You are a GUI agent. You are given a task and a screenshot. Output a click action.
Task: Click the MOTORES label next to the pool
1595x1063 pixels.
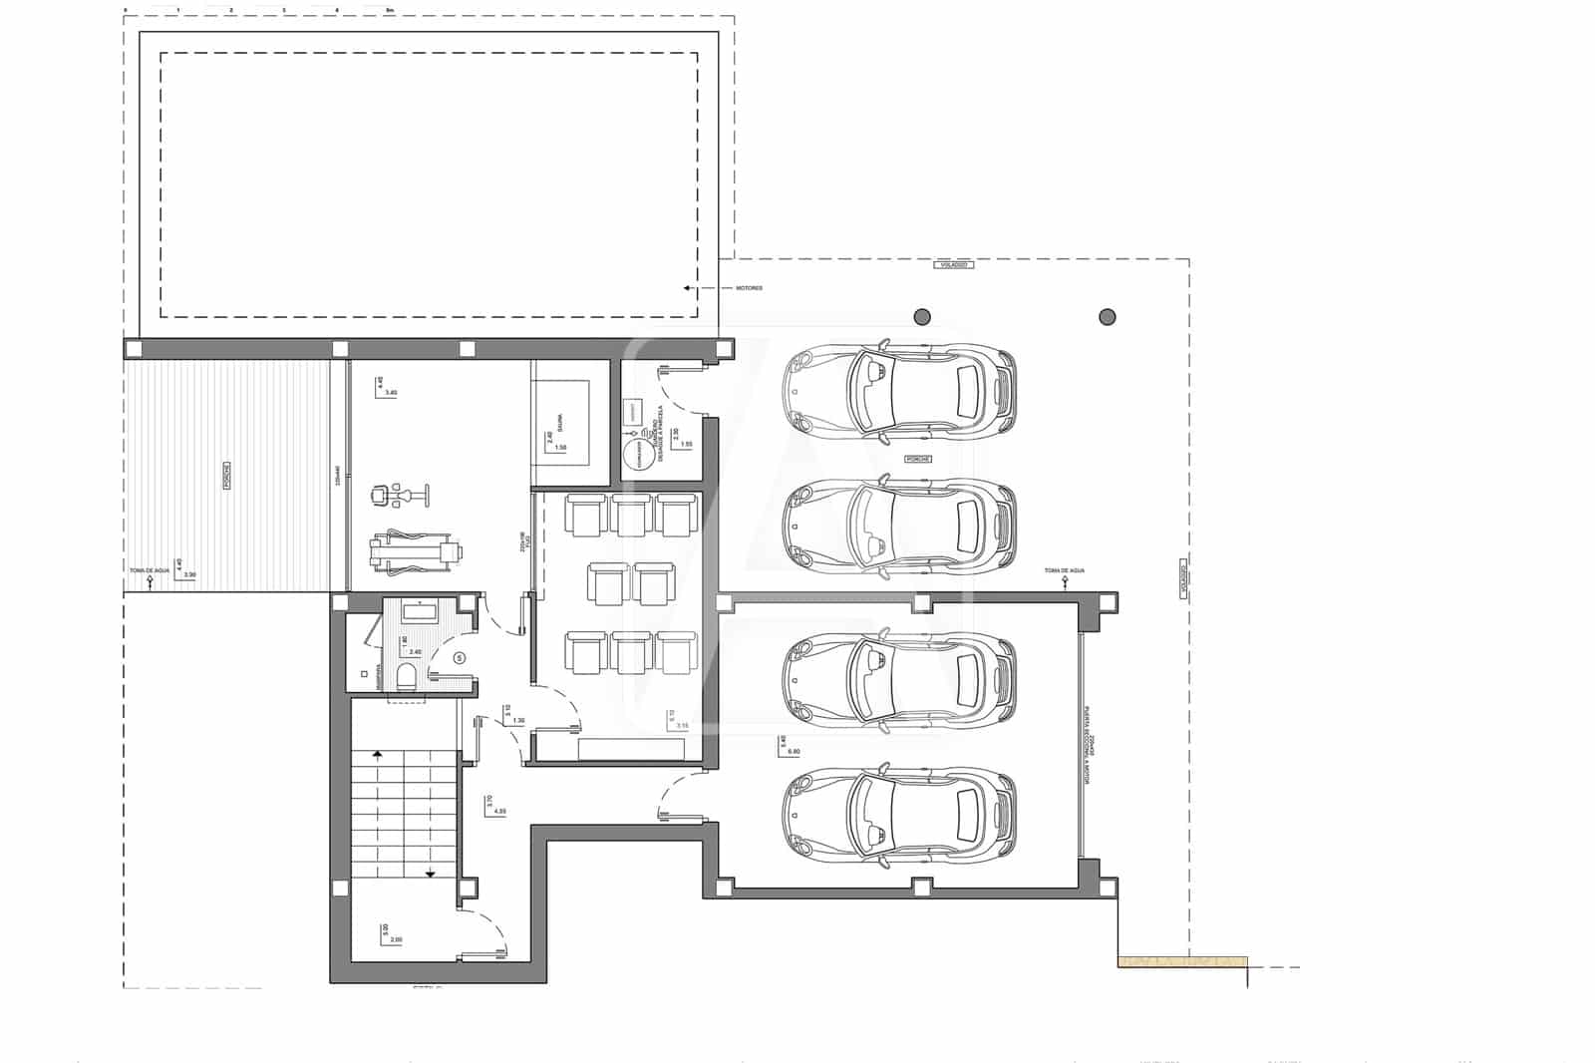point(749,288)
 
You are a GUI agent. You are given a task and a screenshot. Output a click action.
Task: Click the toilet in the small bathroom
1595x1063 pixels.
point(407,678)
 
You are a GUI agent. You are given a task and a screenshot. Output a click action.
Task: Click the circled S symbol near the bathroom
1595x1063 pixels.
point(460,657)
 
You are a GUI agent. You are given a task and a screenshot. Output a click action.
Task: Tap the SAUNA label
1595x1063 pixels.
point(559,423)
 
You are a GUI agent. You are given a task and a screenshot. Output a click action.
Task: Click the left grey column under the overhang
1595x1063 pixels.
point(922,317)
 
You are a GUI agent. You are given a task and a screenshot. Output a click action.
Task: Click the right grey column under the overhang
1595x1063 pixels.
point(1107,317)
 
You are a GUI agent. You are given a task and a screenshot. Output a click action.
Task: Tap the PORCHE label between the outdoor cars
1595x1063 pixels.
point(916,459)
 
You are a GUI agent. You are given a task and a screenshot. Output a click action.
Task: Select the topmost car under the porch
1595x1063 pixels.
point(899,390)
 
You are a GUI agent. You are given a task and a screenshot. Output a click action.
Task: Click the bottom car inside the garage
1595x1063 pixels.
point(899,815)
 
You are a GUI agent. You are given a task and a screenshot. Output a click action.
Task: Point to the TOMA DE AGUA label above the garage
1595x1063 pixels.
point(1064,570)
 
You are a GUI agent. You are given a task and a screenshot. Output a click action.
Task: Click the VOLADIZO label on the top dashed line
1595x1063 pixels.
point(952,264)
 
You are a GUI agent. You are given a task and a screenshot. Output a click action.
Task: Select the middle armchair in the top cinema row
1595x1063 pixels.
point(631,516)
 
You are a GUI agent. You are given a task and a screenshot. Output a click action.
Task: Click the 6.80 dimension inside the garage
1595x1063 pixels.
point(794,751)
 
